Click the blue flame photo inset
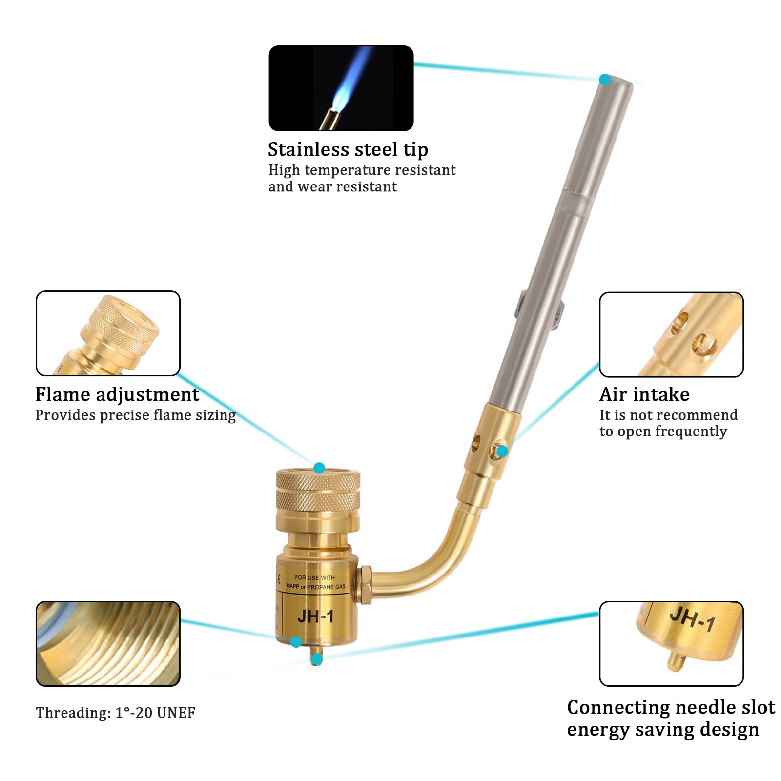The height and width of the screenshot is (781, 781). tap(341, 88)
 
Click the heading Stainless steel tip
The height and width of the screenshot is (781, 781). tap(348, 149)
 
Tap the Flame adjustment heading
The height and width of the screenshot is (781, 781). tap(117, 394)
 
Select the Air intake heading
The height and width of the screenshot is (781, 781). tap(644, 394)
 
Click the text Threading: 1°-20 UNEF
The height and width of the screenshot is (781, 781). tap(115, 713)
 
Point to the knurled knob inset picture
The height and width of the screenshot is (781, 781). tap(108, 333)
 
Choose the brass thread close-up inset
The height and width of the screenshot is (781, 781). tap(108, 643)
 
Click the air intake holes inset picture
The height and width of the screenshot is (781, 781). tap(671, 334)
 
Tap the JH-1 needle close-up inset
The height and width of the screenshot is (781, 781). tap(671, 643)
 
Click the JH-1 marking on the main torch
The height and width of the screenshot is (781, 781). tap(315, 617)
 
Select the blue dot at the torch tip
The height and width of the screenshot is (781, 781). tap(605, 80)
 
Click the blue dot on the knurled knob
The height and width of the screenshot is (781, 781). tap(319, 468)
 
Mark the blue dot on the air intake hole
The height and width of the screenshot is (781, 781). tap(502, 452)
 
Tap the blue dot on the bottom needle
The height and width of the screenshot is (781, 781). tap(317, 660)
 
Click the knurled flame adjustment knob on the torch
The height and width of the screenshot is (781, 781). tap(318, 493)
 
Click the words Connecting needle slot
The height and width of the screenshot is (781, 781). tap(671, 707)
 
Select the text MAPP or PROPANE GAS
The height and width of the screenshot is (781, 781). tap(315, 587)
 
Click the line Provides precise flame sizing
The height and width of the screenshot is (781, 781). tap(135, 415)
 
